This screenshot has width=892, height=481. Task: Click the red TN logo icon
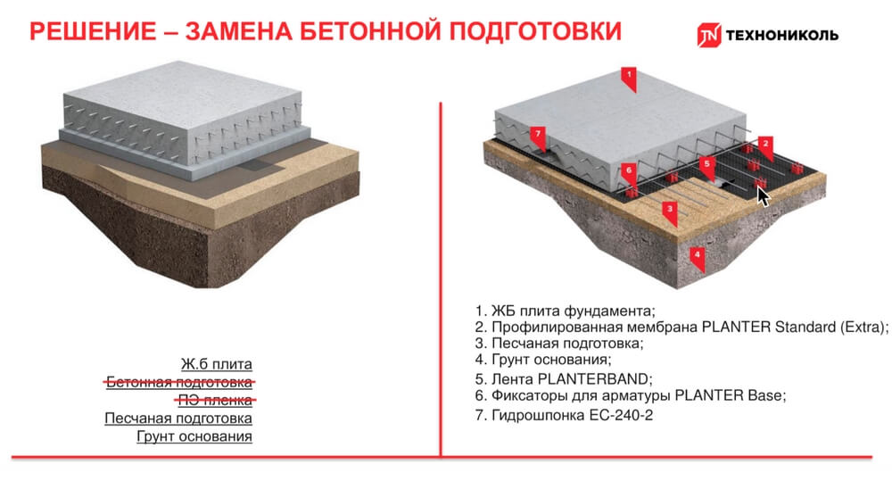click(709, 36)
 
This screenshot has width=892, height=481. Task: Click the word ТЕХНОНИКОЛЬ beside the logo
click(782, 36)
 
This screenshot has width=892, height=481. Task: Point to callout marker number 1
click(629, 79)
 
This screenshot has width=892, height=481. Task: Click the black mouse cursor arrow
click(763, 196)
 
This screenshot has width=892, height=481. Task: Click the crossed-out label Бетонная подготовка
click(178, 382)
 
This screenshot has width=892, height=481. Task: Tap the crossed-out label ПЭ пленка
click(215, 400)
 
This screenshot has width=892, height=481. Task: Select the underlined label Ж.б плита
click(216, 364)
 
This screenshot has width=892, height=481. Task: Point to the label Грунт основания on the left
click(194, 436)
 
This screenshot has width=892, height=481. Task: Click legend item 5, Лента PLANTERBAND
click(564, 379)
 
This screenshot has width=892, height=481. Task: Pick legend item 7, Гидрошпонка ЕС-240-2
click(564, 415)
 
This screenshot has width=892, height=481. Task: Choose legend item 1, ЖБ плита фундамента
click(565, 311)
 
